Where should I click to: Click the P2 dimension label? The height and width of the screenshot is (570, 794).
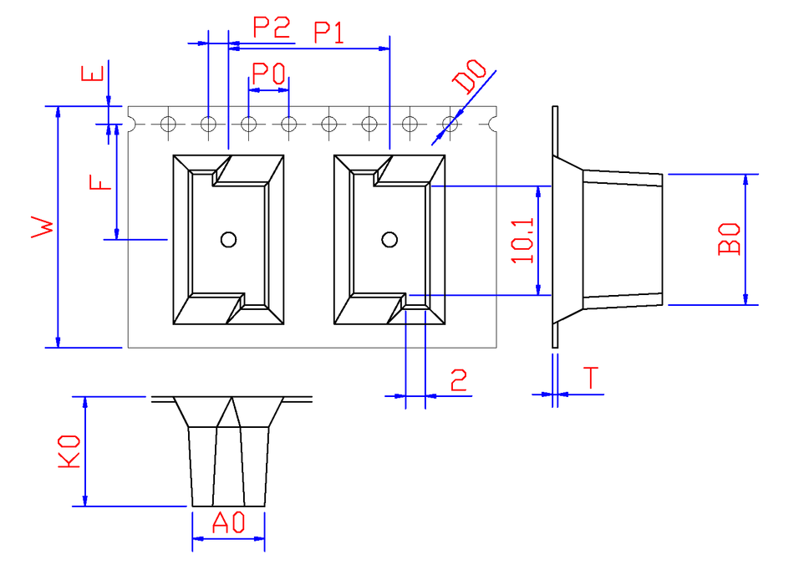pos(272,28)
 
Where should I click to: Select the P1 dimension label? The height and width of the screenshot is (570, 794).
pos(329,33)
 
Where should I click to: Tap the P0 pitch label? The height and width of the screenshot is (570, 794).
pos(268,74)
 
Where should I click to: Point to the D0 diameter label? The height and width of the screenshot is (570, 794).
pos(470,76)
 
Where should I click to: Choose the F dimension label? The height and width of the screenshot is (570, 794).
pos(99,182)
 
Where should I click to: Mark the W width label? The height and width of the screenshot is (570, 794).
pos(43,226)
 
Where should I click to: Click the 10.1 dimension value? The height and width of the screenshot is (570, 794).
pos(522,241)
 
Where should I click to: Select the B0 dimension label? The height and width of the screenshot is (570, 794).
pos(729,239)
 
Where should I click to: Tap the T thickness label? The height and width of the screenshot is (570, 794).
pos(590,378)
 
